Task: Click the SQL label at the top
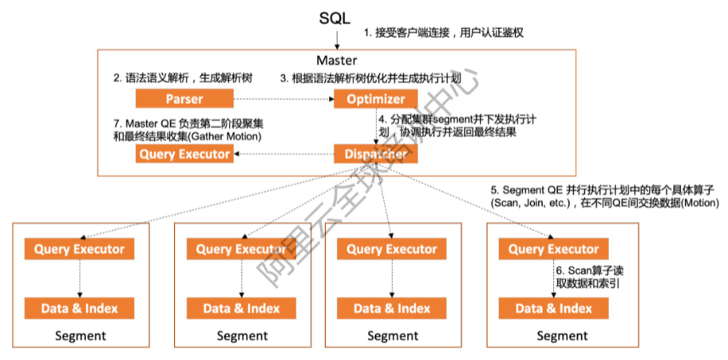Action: pyautogui.click(x=334, y=18)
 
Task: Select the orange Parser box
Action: pyautogui.click(x=184, y=99)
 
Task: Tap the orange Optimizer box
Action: pyautogui.click(x=375, y=99)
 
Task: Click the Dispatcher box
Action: pyautogui.click(x=375, y=154)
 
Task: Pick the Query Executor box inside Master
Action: pyautogui.click(x=184, y=154)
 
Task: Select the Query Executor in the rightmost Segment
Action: pyautogui.click(x=553, y=249)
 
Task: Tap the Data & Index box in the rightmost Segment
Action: pyautogui.click(x=553, y=308)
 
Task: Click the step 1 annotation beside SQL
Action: pyautogui.click(x=443, y=34)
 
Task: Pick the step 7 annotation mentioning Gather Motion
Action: pyautogui.click(x=188, y=129)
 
